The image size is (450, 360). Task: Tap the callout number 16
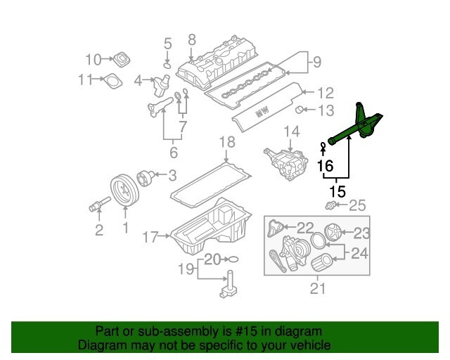coord(324,166)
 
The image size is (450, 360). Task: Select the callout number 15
coord(337,191)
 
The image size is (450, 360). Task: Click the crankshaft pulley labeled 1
coord(125,192)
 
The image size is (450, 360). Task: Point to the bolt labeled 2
coord(96,206)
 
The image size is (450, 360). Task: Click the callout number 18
coord(225,143)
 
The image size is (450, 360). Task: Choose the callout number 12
coord(324,92)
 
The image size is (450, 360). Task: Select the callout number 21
coord(318,288)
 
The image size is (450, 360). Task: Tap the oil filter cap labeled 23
coord(334,232)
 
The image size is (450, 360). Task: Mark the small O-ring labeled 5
coord(167,65)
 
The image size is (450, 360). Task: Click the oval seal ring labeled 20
coord(233,259)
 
